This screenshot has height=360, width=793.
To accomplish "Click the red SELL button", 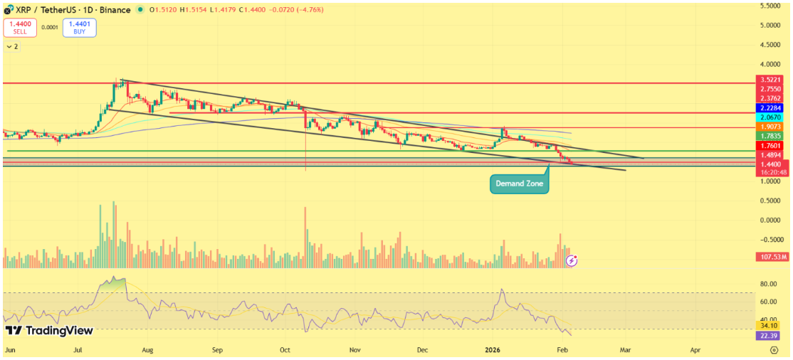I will tap(20, 28).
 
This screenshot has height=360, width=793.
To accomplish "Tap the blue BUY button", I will tap(79, 28).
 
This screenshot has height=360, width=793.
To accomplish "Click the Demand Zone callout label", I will tap(519, 184).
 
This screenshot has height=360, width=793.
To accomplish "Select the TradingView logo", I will tap(49, 331).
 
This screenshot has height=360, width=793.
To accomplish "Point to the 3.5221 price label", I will tap(771, 80).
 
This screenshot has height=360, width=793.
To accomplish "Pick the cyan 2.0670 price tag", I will tap(771, 117).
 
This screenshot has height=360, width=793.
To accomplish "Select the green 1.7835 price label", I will tap(771, 136).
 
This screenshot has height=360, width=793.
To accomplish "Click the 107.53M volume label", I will tap(771, 256).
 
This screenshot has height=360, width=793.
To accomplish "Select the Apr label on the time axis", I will tap(695, 351).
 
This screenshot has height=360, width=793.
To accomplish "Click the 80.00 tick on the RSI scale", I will tap(769, 284).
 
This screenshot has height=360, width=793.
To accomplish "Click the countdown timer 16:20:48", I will tap(771, 172).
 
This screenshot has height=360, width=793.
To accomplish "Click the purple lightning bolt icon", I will tap(572, 260).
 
